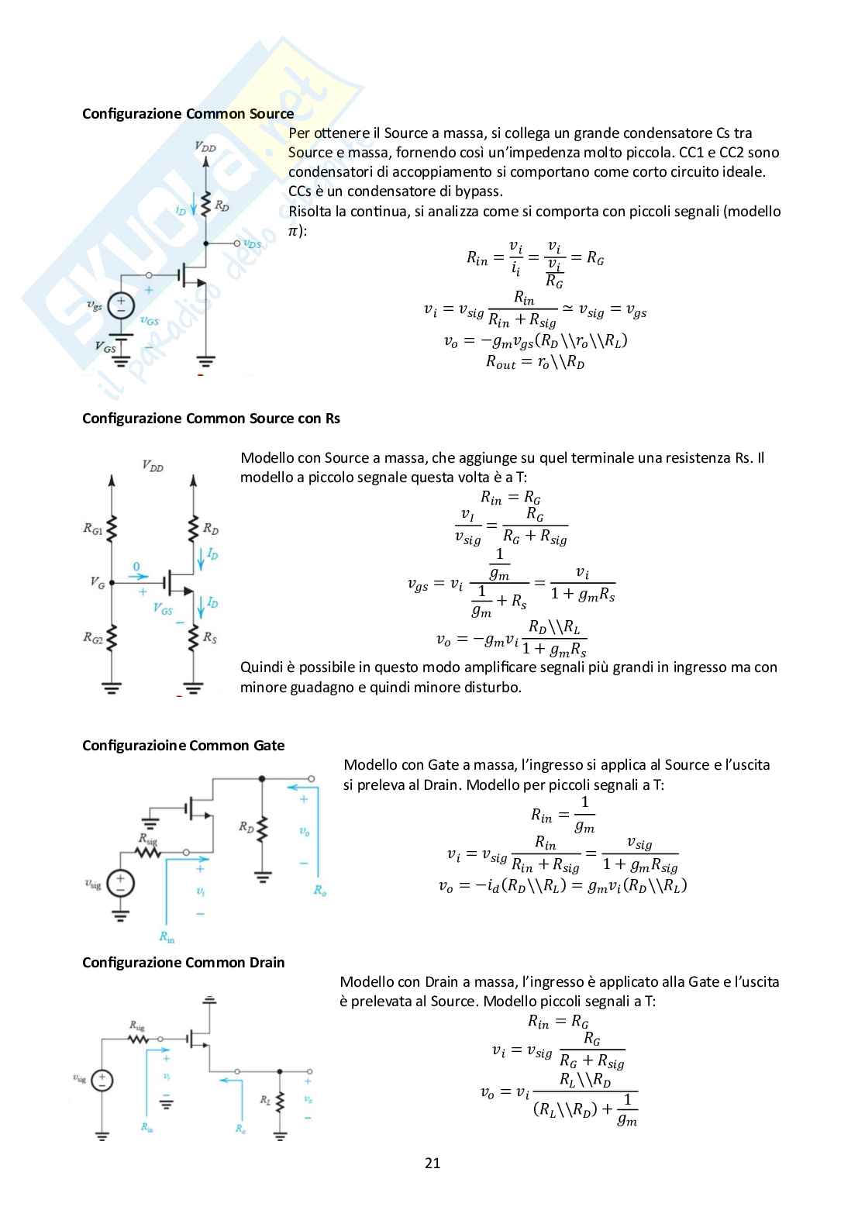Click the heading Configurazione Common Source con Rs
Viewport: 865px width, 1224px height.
pyautogui.click(x=211, y=419)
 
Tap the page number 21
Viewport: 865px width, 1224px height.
pyautogui.click(x=432, y=1163)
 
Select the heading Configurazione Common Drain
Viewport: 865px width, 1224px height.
pyautogui.click(x=184, y=962)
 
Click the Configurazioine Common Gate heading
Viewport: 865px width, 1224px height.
pyautogui.click(x=184, y=745)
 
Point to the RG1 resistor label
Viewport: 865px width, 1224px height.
pyautogui.click(x=93, y=529)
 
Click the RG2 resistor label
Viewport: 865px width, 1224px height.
pyautogui.click(x=93, y=638)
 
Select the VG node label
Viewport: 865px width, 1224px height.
pyautogui.click(x=97, y=583)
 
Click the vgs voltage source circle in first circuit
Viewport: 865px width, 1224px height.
pyautogui.click(x=121, y=306)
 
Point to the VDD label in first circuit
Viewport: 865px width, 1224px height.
pyautogui.click(x=205, y=146)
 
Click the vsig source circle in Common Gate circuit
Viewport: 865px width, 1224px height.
pyautogui.click(x=120, y=883)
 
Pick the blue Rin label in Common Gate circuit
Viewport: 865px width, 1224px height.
pyautogui.click(x=167, y=936)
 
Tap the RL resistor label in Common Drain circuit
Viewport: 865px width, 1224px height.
pyautogui.click(x=265, y=1099)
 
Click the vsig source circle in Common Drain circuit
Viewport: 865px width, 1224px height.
pyautogui.click(x=102, y=1081)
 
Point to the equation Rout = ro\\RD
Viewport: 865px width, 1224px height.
pyautogui.click(x=535, y=361)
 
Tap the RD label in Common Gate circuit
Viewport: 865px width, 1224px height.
pyautogui.click(x=246, y=827)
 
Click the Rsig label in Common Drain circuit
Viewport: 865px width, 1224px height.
pyautogui.click(x=137, y=1026)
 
